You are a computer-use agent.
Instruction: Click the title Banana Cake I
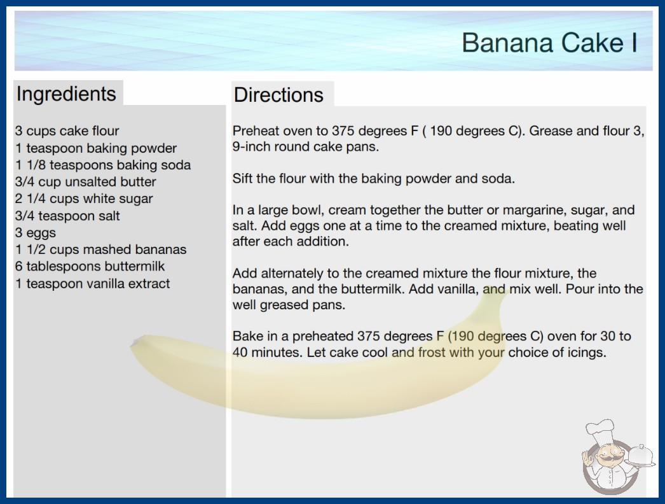(549, 43)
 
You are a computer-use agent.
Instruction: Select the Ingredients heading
(66, 94)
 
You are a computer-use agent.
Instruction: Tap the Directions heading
(278, 95)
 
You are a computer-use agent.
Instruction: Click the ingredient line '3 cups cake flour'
(67, 131)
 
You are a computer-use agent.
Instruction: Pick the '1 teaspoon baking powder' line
(96, 148)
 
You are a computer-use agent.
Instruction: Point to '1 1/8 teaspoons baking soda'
(103, 165)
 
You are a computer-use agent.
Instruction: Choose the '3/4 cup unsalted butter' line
(86, 182)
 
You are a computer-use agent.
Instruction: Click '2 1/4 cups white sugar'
(84, 199)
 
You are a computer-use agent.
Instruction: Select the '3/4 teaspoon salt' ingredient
(67, 216)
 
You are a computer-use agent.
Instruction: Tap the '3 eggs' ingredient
(36, 233)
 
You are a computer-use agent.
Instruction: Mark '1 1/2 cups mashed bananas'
(101, 249)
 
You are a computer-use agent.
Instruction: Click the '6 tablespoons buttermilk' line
(90, 266)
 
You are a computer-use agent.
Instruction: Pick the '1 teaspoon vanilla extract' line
(92, 283)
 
